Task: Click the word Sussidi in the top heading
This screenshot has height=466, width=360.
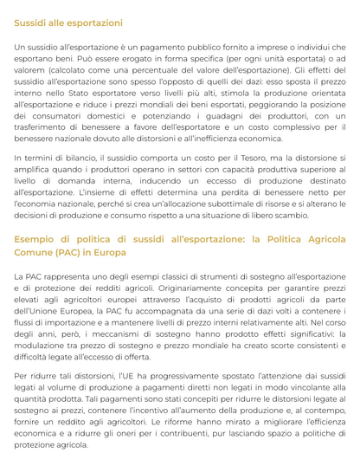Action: point(32,22)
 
